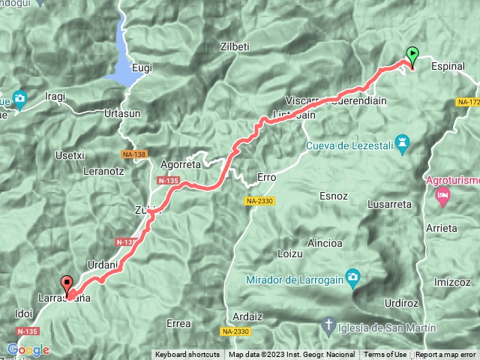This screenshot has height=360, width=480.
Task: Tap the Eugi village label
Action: [x=142, y=67]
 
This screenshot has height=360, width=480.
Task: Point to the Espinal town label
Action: [x=448, y=67]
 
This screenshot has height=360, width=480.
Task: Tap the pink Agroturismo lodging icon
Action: [x=442, y=196]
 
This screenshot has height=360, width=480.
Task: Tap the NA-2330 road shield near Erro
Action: [x=259, y=201]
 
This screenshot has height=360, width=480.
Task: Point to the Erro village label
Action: [x=267, y=178]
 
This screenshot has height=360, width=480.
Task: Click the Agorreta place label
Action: [x=181, y=163]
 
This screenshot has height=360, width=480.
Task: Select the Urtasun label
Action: [x=122, y=113]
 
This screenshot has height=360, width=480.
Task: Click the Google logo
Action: [x=28, y=349]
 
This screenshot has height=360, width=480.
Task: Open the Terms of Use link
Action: [x=385, y=355]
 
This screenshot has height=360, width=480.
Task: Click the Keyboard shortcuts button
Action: [x=187, y=355]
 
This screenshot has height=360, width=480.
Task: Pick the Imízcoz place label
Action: [x=452, y=282]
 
